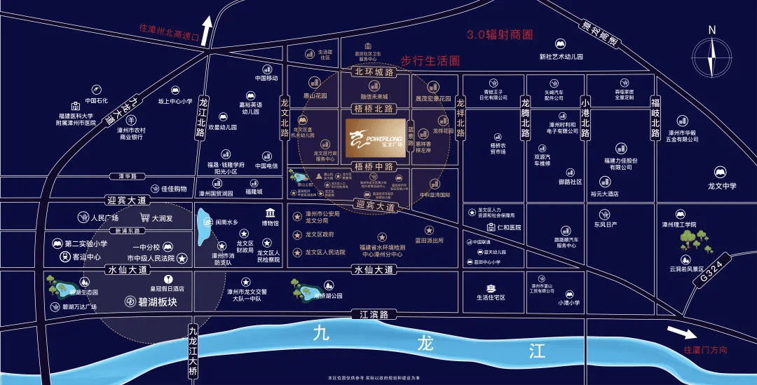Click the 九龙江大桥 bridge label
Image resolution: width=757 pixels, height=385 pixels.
(193, 348)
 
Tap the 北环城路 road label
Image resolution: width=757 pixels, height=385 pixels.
(374, 72)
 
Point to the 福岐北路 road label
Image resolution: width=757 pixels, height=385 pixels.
(656, 117)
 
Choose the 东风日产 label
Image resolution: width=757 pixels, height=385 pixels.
(605, 224)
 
